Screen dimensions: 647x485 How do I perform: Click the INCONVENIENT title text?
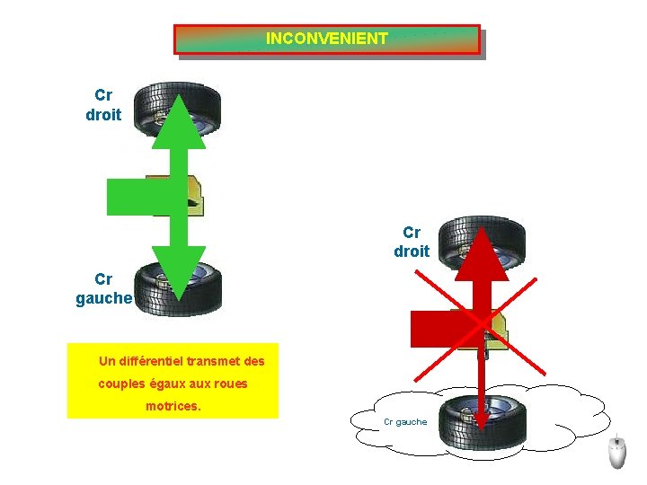327,39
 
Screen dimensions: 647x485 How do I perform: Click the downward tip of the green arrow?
178,295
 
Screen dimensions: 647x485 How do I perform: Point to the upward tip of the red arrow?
483,233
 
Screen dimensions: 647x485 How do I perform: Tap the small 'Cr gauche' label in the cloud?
405,422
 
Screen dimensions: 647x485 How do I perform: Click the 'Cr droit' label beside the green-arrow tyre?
103,105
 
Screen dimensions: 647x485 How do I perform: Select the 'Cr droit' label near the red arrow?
412,242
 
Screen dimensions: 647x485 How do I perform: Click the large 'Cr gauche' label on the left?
104,289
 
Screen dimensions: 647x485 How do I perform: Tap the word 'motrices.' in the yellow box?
173,406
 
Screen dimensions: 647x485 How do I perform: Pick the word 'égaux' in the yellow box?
166,384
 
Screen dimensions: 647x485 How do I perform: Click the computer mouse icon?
617,454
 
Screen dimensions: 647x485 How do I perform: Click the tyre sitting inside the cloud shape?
483,421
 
